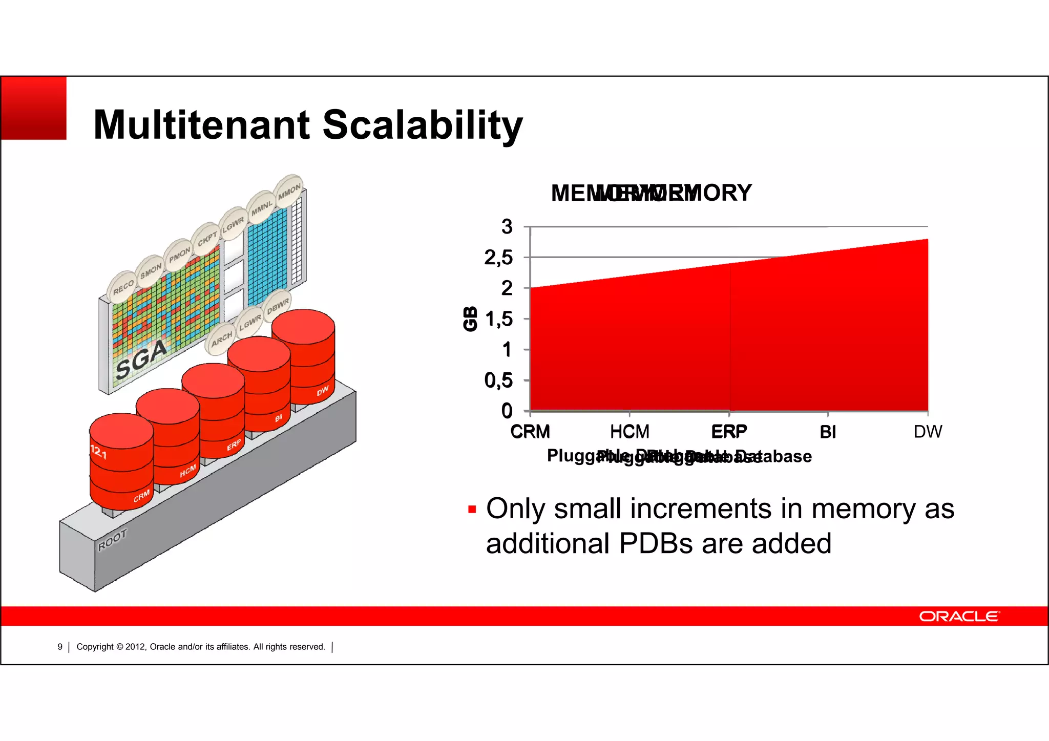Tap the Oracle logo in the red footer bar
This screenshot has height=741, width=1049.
coord(959,616)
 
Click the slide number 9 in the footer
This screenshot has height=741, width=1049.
coord(60,647)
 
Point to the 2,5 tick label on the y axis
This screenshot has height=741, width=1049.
coord(498,258)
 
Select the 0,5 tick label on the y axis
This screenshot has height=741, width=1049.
coord(498,380)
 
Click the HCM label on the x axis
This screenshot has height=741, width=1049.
coord(630,432)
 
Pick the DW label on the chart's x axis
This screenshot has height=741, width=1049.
coord(928,432)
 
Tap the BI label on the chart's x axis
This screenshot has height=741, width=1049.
coord(828,432)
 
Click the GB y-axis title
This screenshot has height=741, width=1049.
coord(470,319)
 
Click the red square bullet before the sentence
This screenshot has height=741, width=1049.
coord(472,510)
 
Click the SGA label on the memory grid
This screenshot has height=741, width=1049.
coord(141,360)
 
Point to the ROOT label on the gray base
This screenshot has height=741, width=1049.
coord(112,540)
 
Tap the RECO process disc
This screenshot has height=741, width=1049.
coord(123,287)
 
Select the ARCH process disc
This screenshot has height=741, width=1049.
coord(222,338)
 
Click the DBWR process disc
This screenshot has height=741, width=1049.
coord(278,306)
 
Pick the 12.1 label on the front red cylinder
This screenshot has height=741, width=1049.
coord(98,452)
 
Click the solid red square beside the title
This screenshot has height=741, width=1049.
coord(34,108)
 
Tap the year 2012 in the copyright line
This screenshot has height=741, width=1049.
coord(135,647)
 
